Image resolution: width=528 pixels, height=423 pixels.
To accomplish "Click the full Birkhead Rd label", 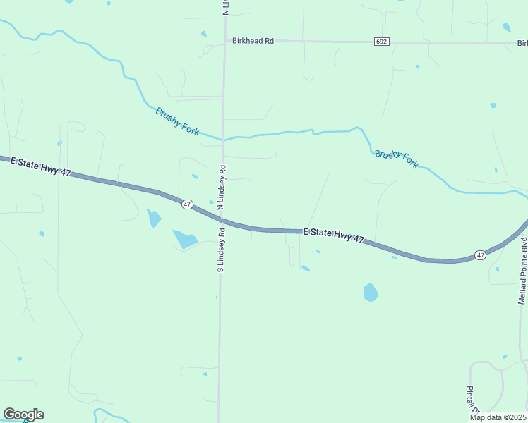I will coord(253,42).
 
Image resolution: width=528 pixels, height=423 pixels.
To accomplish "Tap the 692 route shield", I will coord(381,42).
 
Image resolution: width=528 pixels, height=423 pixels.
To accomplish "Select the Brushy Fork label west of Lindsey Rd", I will coord(177,120).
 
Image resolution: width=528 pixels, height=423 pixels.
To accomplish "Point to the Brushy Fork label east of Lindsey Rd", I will coord(396,159).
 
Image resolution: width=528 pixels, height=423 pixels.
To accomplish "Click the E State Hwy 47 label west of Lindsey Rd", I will coord(42,166).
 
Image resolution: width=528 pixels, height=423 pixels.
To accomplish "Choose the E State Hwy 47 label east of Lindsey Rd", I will coord(333,235).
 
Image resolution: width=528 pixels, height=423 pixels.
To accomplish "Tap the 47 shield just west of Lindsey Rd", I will coord(186,204).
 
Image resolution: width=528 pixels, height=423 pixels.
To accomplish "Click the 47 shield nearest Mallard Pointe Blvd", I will coord(480,255).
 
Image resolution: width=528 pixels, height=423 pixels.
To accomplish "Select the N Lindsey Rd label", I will coord(222,188).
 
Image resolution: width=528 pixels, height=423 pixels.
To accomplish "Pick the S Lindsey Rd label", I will coord(221,250).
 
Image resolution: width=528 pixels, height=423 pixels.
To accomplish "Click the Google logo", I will coord(23,415).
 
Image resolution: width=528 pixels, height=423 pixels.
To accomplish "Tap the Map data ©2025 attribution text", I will coord(498,417).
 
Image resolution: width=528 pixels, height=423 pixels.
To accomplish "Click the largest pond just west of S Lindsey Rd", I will coord(185,240).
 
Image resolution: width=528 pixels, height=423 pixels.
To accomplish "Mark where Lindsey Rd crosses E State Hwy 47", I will coord(222,219).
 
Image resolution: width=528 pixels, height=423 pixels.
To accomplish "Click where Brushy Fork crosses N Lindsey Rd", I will coord(224,139).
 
